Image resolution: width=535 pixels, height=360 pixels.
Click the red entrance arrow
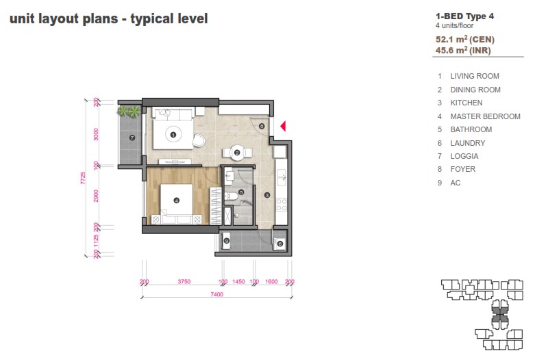tap(283, 126)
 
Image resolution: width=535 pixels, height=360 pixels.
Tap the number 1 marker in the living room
tap(173, 135)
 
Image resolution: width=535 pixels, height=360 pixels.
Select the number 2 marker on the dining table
tap(237, 153)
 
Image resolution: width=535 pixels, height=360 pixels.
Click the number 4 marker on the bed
tap(177, 201)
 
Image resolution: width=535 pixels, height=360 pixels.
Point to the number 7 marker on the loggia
tap(132, 138)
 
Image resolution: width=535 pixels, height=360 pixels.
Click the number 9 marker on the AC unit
tap(226, 241)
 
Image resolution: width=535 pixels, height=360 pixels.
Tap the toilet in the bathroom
tap(232, 196)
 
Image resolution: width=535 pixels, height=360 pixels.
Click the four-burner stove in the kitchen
tap(282, 205)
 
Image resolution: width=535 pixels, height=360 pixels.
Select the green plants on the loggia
tap(129, 111)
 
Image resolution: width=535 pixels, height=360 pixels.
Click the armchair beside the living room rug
tap(199, 140)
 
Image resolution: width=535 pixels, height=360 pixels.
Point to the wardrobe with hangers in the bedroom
tap(216, 206)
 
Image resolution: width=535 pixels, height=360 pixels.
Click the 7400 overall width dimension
tap(216, 294)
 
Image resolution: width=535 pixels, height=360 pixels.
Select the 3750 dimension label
tap(184, 281)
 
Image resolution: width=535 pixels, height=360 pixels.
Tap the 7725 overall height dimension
tap(83, 178)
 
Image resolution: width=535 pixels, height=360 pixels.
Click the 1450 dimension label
tap(238, 281)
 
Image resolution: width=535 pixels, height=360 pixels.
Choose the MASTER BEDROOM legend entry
tap(485, 116)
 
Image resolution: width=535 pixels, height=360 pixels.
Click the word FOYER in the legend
tap(462, 169)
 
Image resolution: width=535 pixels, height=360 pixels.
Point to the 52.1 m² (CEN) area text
tap(465, 39)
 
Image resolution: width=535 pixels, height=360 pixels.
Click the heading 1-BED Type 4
tap(464, 16)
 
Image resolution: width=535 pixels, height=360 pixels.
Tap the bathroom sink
tap(229, 177)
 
